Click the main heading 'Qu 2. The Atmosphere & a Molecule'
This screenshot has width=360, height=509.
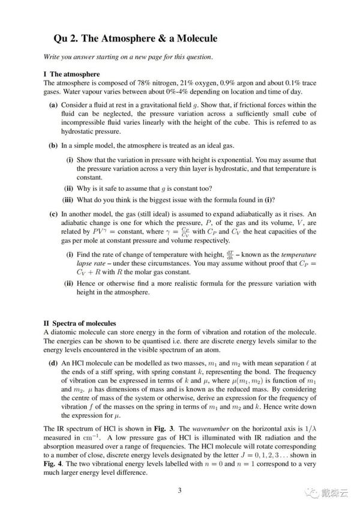pyautogui.click(x=135, y=38)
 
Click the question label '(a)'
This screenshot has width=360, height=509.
pyautogui.click(x=53, y=104)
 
